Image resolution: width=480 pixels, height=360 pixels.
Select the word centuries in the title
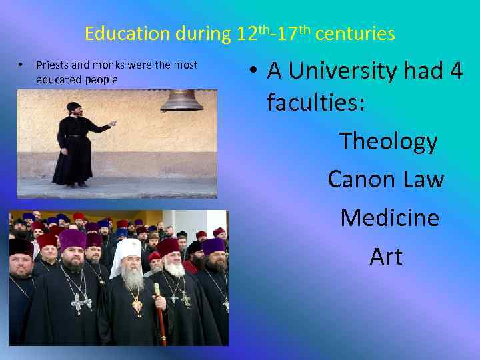pyautogui.click(x=355, y=33)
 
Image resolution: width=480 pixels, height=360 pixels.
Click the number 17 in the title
pyautogui.click(x=287, y=33)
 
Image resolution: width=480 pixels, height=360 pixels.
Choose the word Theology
pyautogui.click(x=388, y=141)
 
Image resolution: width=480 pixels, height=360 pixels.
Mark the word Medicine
pyautogui.click(x=389, y=218)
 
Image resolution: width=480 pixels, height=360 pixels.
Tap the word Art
pyautogui.click(x=386, y=257)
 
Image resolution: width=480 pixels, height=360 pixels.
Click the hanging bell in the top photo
pyautogui.click(x=181, y=100)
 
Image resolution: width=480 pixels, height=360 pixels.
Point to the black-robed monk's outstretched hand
pyautogui.click(x=113, y=123)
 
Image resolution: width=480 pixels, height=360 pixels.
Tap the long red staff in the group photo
pyautogui.click(x=160, y=313)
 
